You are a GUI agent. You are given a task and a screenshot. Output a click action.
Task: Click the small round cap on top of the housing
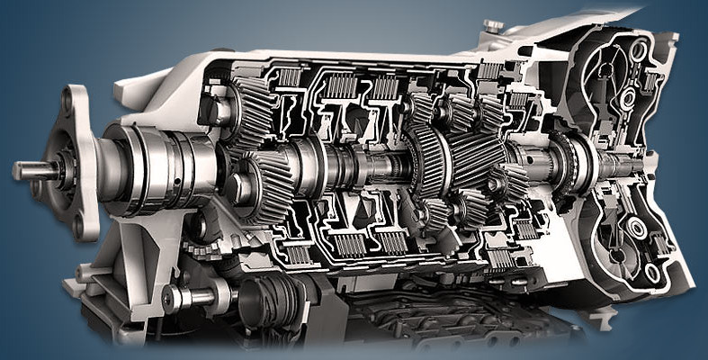pyautogui.click(x=493, y=26)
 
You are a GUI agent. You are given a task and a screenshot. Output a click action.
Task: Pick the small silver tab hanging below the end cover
pyautogui.click(x=601, y=315)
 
